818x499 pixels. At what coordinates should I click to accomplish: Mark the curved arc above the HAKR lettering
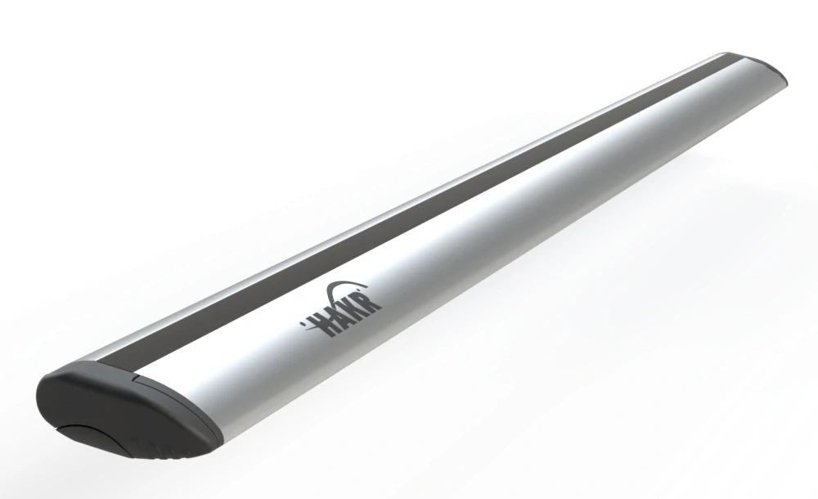click(x=342, y=286)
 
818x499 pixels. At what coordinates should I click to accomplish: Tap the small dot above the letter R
click(x=359, y=289)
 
